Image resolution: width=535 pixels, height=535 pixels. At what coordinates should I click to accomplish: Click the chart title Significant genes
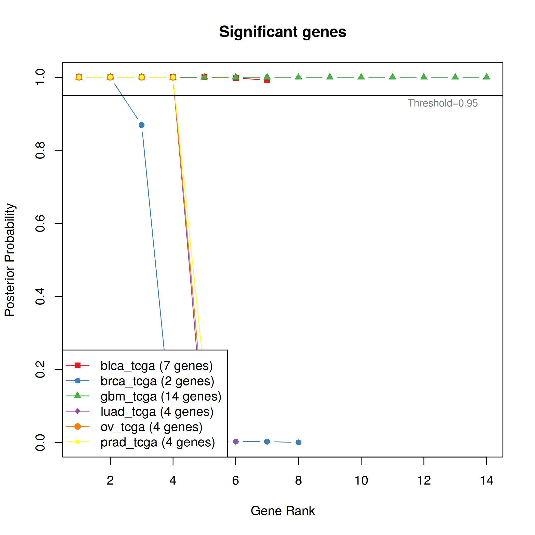coord(283,32)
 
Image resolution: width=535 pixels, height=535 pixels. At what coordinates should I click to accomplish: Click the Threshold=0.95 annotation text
coord(443,103)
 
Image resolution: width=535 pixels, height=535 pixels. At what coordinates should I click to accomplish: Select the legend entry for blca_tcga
coord(156,366)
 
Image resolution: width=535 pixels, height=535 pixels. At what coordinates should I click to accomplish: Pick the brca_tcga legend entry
coord(157,381)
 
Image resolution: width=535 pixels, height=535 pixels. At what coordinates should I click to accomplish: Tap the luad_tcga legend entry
coord(157,411)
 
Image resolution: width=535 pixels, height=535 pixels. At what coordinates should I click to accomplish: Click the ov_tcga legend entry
coord(152,427)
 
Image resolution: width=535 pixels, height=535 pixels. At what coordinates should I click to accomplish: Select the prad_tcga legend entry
coord(157,442)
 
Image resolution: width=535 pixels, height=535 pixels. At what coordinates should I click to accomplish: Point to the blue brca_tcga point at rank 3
coord(141,125)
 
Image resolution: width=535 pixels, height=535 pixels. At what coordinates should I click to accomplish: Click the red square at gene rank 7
coord(267,80)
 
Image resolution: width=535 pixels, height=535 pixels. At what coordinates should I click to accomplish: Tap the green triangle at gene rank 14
coord(487,77)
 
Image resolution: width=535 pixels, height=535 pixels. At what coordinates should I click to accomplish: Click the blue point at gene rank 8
coord(298,443)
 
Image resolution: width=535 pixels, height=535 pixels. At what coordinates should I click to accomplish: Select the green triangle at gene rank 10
coord(361,77)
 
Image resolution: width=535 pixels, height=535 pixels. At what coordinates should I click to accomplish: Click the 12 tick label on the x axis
coord(424,480)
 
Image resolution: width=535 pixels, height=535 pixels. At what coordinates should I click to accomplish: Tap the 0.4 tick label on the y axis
coord(41,296)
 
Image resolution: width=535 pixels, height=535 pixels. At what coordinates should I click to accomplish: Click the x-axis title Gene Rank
coord(283,511)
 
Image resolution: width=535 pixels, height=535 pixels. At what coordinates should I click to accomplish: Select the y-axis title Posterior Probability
coord(10,260)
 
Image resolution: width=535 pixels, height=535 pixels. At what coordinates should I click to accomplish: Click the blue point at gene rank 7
coord(267,442)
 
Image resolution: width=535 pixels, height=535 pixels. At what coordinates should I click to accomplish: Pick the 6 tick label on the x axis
coord(236,480)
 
